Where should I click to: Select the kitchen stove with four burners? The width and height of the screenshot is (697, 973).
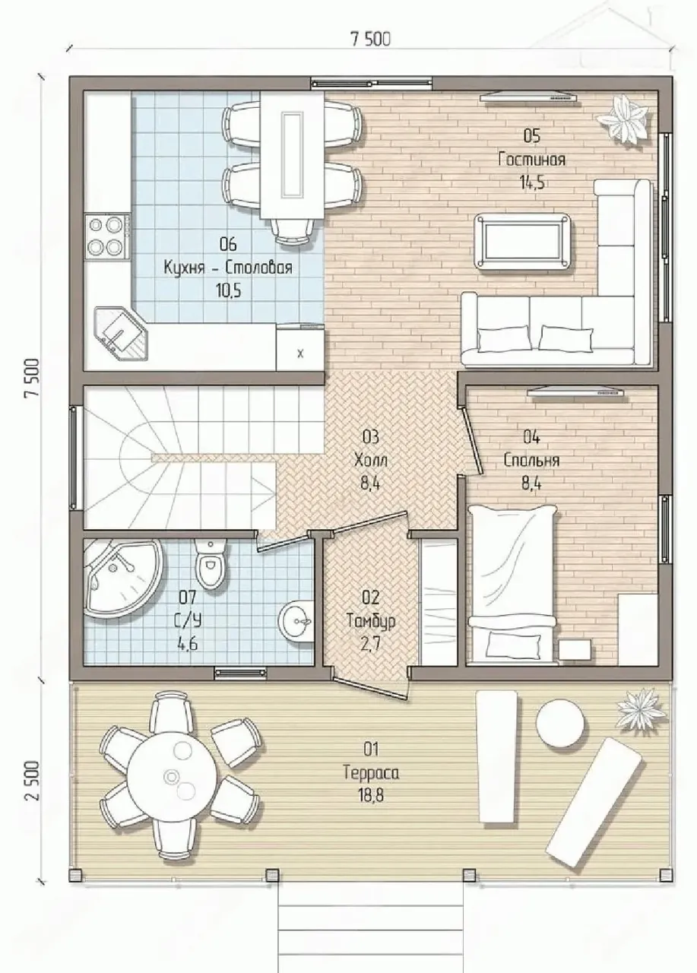(109, 238)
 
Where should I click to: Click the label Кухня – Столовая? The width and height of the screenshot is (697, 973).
(227, 268)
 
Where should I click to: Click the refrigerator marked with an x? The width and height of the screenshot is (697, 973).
(300, 347)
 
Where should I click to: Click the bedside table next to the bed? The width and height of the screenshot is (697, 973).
(575, 650)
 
